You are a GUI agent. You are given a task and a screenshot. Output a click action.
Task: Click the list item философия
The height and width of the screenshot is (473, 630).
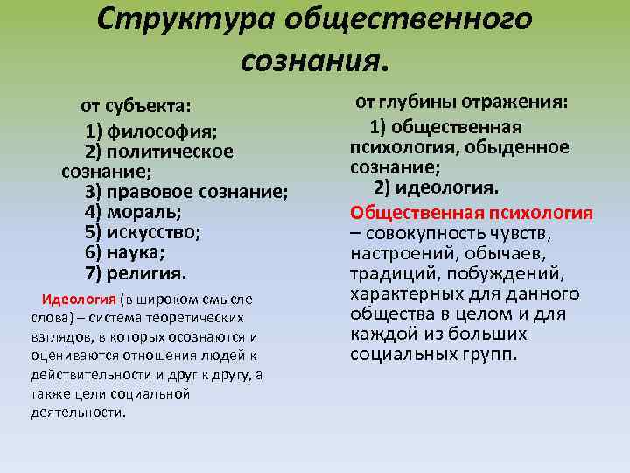163,131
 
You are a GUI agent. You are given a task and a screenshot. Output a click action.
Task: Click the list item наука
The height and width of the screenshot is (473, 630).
136,252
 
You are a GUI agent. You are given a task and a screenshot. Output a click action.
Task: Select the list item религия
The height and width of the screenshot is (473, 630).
147,272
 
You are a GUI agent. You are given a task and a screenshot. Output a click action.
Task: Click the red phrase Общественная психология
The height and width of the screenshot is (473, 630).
472,213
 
